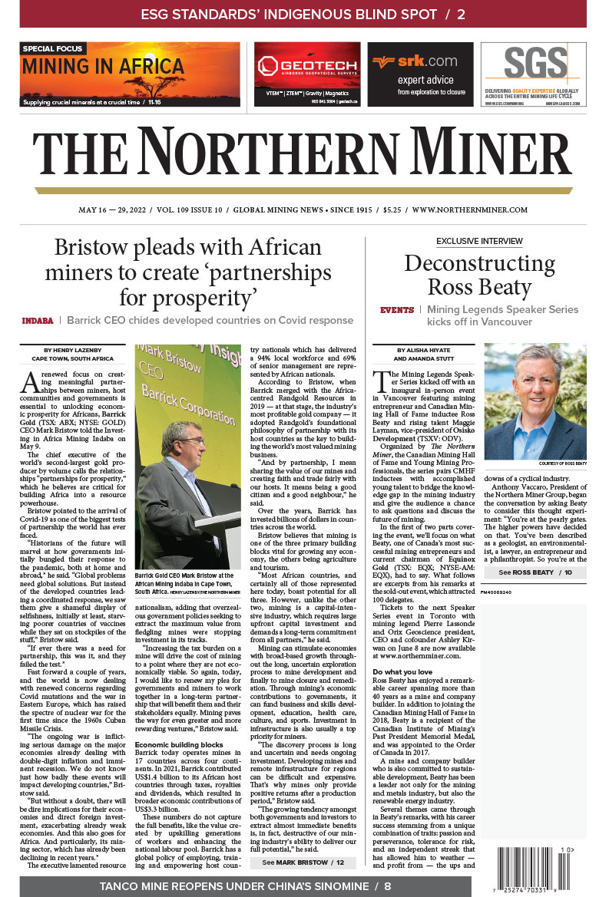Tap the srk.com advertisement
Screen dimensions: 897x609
click(420, 74)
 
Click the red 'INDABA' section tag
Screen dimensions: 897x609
click(38, 320)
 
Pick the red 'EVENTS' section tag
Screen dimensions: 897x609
click(397, 310)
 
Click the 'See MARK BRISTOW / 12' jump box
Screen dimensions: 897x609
click(303, 840)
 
